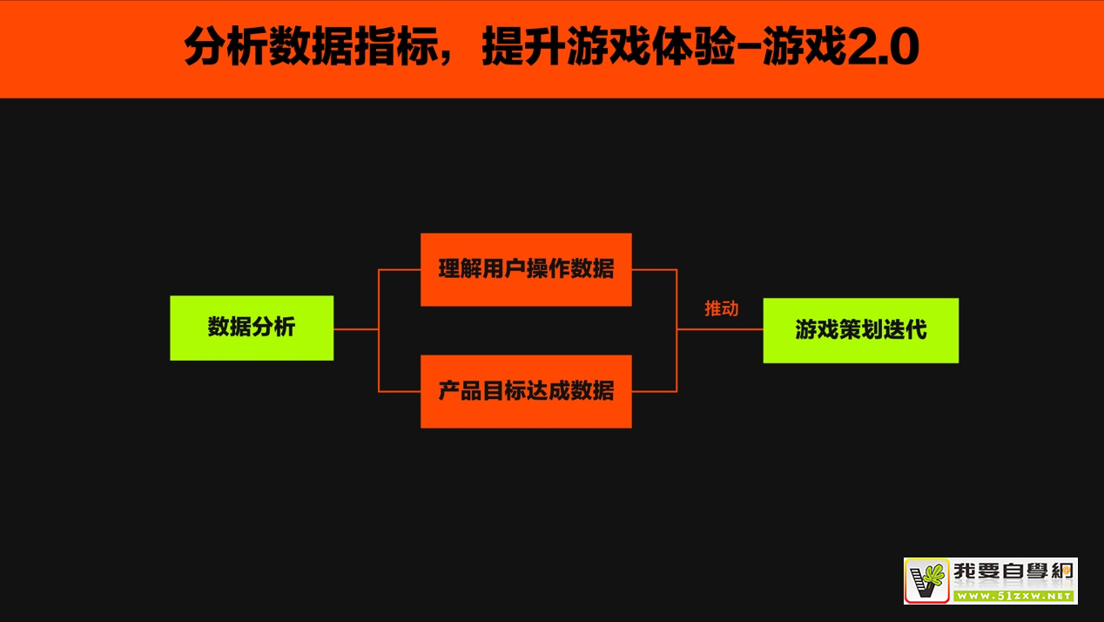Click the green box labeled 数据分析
[x=251, y=328]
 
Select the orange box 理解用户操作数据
[x=526, y=269]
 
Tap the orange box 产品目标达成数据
[x=526, y=391]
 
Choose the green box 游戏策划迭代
[x=860, y=330]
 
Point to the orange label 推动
[x=721, y=308]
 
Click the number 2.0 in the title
[x=882, y=50]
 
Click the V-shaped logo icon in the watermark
[x=926, y=581]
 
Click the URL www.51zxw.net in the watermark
[x=1014, y=596]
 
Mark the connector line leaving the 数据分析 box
[x=355, y=329]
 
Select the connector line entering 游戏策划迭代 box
[x=720, y=329]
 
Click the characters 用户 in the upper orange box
[x=503, y=269]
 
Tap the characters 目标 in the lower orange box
[x=503, y=391]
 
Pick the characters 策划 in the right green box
[x=860, y=330]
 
